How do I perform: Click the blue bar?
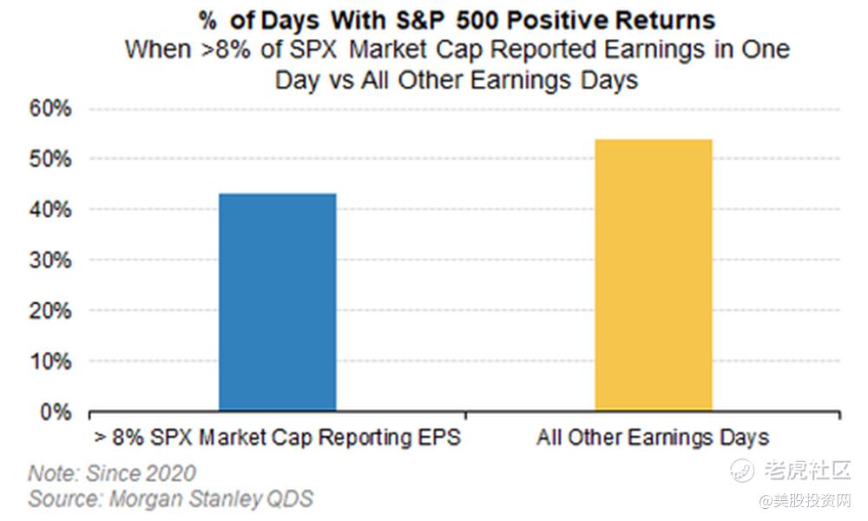coord(278,302)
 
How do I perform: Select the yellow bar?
coord(654,275)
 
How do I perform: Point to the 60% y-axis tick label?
coord(50,109)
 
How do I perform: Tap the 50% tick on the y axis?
coord(50,160)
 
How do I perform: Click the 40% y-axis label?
coord(50,210)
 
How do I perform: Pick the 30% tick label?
coord(50,260)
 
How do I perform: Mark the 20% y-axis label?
coord(50,311)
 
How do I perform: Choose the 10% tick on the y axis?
coord(50,362)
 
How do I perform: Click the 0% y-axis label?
coord(56,412)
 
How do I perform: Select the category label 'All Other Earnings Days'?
coord(653,438)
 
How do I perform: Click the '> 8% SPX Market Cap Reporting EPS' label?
coord(278,438)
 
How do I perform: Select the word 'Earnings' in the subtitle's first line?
coord(654,49)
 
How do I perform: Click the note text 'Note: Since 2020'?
coord(112,473)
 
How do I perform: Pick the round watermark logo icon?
coord(741,471)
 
